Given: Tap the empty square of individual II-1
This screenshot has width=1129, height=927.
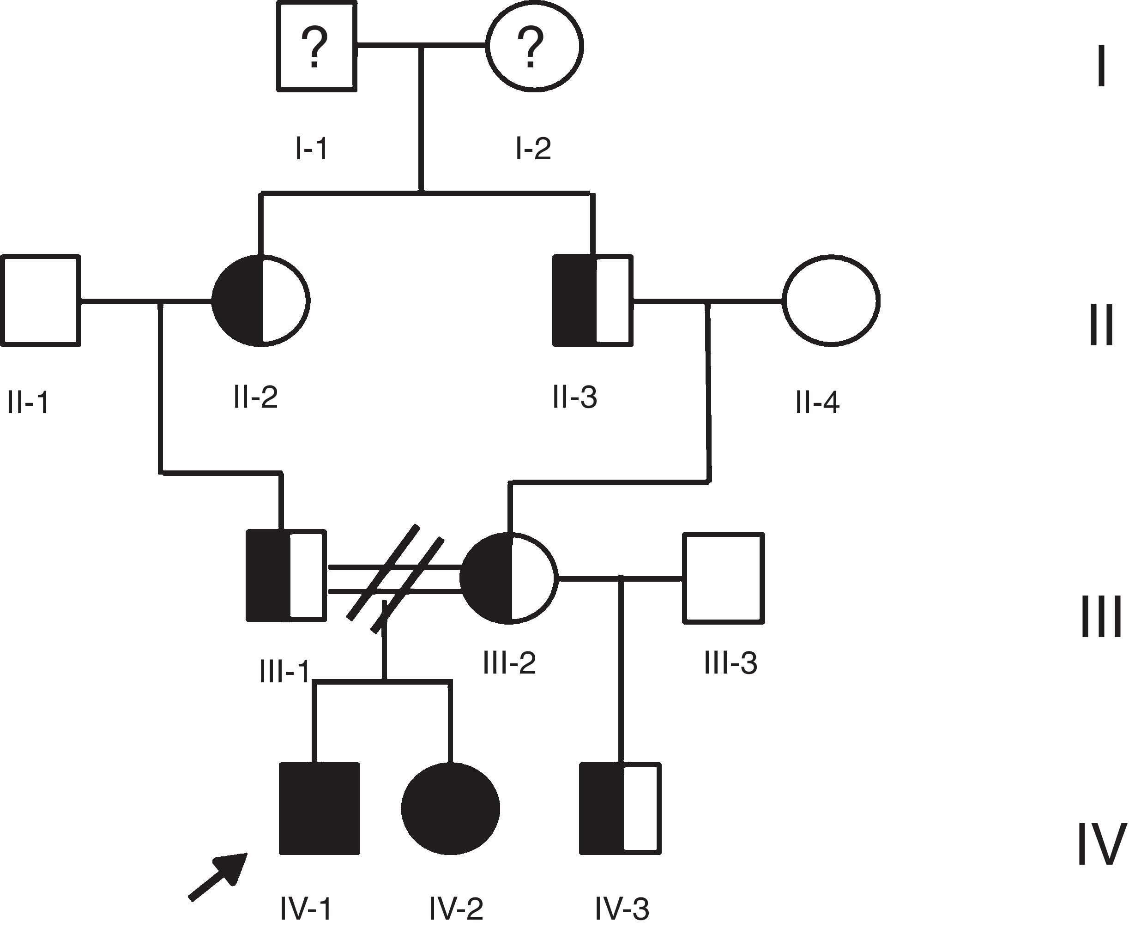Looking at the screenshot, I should [41, 301].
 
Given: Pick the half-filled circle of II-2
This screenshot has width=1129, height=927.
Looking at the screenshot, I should [260, 301].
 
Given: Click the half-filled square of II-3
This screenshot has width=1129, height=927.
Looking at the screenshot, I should [593, 301].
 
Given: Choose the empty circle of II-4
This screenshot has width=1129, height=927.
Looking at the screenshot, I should [831, 301].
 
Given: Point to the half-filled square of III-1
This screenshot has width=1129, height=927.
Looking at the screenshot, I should [286, 576].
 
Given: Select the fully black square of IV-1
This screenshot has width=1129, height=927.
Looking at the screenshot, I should [320, 808].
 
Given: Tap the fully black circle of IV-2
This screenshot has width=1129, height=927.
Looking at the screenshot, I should [450, 808].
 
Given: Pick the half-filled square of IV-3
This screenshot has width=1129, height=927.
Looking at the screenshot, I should [620, 808].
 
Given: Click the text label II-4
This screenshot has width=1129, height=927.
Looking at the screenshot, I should [817, 403].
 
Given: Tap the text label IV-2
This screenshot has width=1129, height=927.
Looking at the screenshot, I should [456, 909].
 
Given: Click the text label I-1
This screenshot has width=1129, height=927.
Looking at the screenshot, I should [311, 149].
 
